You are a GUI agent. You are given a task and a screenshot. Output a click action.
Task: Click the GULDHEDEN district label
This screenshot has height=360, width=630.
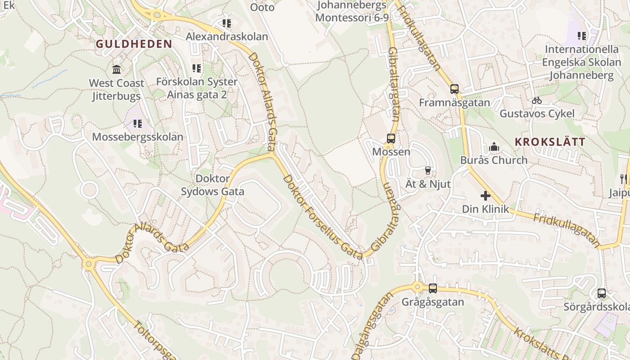[x=134, y=44]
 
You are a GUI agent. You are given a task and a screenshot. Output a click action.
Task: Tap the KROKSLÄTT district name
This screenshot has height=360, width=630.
[x=550, y=142]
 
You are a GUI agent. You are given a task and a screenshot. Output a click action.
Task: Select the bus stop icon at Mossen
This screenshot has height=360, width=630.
[x=391, y=139]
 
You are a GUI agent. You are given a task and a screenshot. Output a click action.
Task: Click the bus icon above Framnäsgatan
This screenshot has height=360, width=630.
[x=454, y=89]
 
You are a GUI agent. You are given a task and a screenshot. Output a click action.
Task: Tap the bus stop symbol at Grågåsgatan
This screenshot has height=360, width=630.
[x=432, y=288]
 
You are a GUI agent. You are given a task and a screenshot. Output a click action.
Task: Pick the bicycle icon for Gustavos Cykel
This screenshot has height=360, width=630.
[x=536, y=100]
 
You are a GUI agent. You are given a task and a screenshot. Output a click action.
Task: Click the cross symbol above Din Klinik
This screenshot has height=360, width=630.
[x=486, y=196]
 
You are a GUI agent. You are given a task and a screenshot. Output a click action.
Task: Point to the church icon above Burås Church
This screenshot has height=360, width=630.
[x=494, y=147]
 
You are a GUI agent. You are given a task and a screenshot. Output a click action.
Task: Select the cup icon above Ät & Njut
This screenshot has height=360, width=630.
[x=427, y=171]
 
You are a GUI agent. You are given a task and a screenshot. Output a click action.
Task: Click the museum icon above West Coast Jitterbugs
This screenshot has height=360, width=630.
[x=117, y=70]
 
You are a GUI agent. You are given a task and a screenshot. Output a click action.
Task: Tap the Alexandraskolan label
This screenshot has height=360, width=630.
[x=227, y=36]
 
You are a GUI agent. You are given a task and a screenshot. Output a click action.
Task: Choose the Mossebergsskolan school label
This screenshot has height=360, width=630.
[x=138, y=137]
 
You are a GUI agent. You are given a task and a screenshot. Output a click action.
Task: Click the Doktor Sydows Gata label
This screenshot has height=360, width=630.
[x=212, y=185]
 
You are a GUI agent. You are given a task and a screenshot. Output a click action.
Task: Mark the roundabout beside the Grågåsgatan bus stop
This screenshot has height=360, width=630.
[x=417, y=287]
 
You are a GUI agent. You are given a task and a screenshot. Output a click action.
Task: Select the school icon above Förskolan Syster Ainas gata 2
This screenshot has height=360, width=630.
[x=197, y=68]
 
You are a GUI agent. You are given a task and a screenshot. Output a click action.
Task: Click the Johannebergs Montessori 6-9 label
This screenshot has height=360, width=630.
[x=351, y=11]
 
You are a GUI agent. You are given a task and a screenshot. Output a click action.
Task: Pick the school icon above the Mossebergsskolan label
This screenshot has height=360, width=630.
[x=138, y=123]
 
